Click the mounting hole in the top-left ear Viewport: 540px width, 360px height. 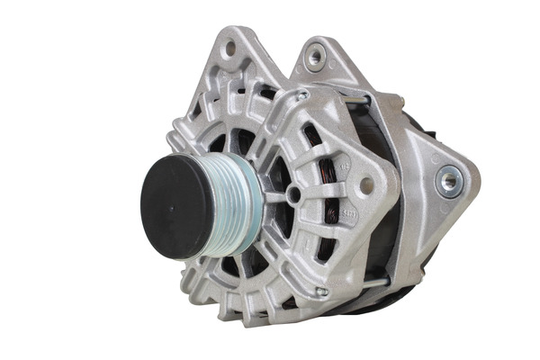pyautogui.click(x=229, y=46)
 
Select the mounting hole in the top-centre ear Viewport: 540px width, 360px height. pyautogui.click(x=314, y=58)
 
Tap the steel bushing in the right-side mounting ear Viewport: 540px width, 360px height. pyautogui.click(x=447, y=180)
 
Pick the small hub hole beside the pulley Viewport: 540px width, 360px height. pyautogui.click(x=293, y=193)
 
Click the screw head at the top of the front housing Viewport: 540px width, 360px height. pyautogui.click(x=303, y=94)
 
